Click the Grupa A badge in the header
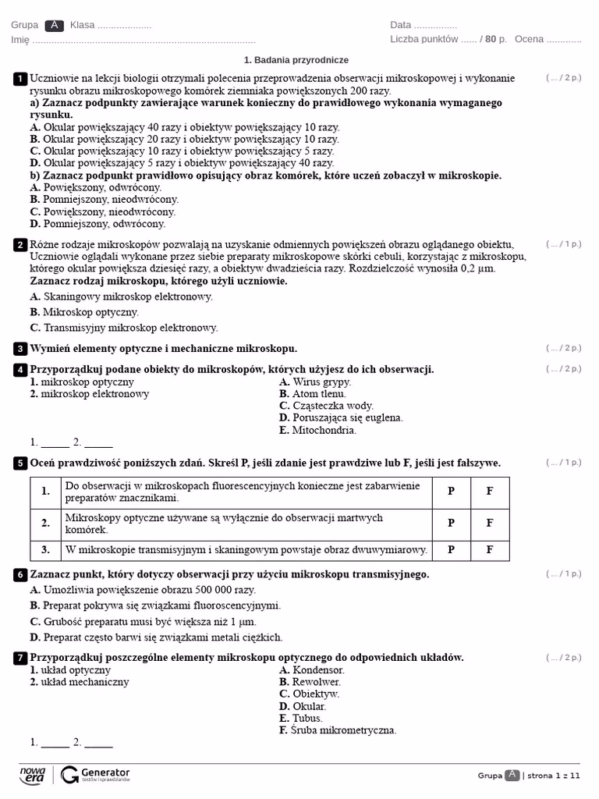[x=53, y=25]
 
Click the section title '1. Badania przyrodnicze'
[x=296, y=60]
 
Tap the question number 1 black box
[x=20, y=78]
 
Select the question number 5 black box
[x=20, y=463]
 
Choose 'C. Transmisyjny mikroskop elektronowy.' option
[x=124, y=328]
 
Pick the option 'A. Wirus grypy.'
[x=315, y=382]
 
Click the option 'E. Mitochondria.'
[x=318, y=430]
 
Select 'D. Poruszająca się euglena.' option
[x=341, y=418]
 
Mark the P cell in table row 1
[x=451, y=492]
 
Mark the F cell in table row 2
[x=490, y=524]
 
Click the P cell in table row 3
[x=451, y=549]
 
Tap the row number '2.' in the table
[x=45, y=524]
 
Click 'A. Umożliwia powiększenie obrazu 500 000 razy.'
[x=143, y=590]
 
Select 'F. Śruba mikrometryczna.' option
[x=338, y=730]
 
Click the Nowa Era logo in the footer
[x=33, y=774]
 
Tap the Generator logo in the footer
[x=95, y=774]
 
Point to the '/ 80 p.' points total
[x=493, y=39]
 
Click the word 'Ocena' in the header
[x=529, y=39]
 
